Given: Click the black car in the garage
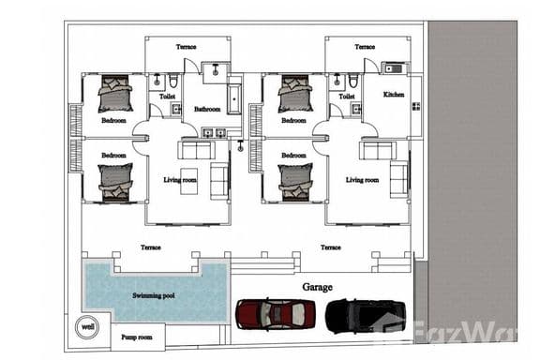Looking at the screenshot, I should (365, 315).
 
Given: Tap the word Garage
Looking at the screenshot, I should (317, 287).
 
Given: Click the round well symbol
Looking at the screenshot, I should (87, 327).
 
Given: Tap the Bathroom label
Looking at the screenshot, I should (207, 109).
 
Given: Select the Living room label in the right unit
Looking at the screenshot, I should (361, 179).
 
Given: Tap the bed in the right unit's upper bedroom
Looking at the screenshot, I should (296, 93).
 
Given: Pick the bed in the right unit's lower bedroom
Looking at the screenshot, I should (296, 182).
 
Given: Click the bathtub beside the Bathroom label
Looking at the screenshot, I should (233, 98).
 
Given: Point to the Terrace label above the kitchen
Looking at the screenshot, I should (365, 47).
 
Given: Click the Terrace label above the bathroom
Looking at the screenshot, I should (186, 47).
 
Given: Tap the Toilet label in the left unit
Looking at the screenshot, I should (167, 96).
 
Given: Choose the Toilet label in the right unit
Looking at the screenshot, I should (347, 96).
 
